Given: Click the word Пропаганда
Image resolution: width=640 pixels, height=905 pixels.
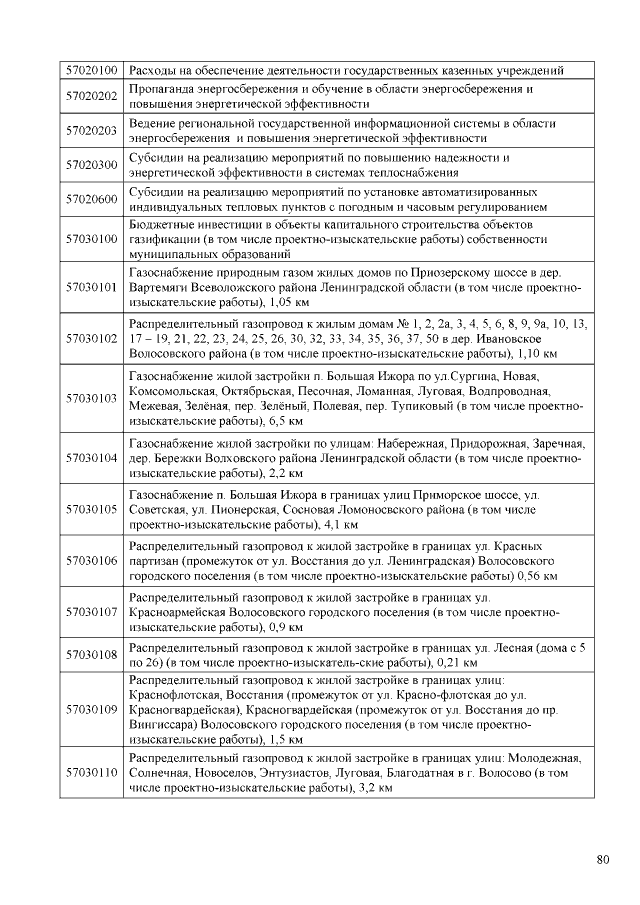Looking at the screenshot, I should [164, 89].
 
